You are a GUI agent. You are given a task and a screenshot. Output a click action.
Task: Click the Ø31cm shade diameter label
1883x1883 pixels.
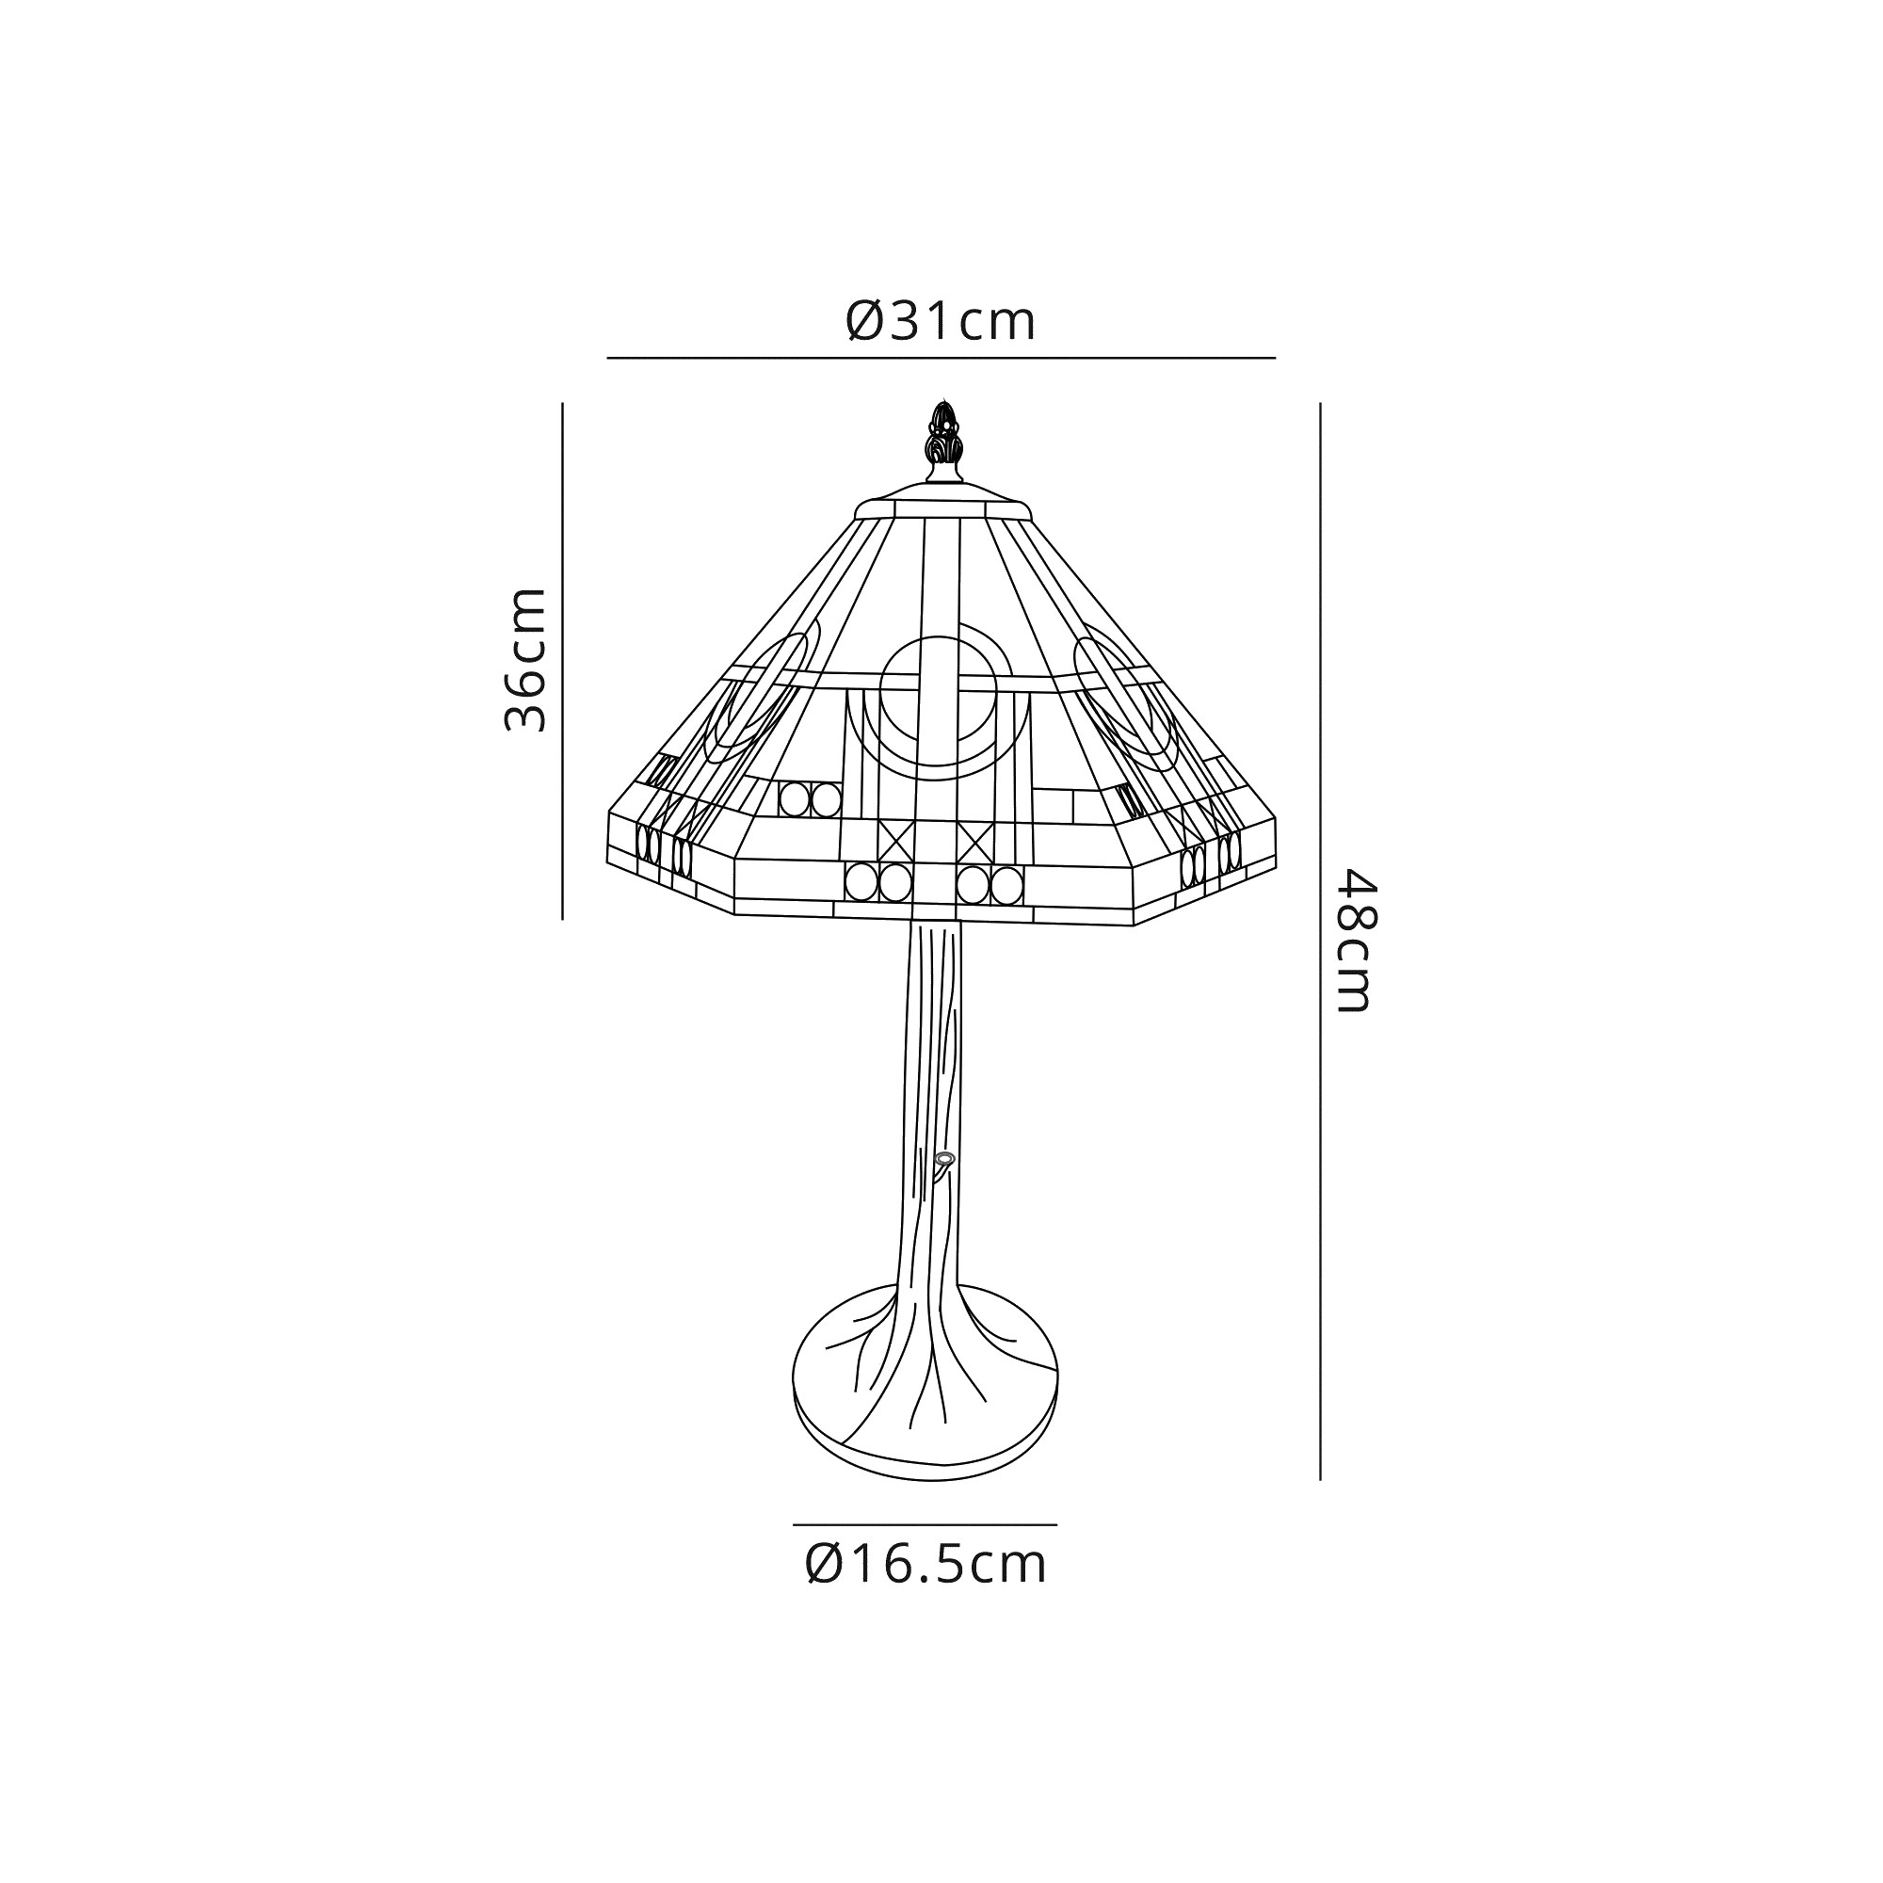941,321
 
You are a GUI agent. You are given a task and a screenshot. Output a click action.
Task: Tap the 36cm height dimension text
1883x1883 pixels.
526,660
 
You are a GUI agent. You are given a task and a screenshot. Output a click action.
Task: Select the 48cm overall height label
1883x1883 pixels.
1355,941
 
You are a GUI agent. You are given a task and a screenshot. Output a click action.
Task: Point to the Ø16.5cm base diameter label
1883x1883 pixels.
925,1564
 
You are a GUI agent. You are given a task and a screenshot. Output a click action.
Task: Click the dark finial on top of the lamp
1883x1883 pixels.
941,442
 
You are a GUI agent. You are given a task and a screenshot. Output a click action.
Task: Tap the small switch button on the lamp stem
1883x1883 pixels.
943,1159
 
